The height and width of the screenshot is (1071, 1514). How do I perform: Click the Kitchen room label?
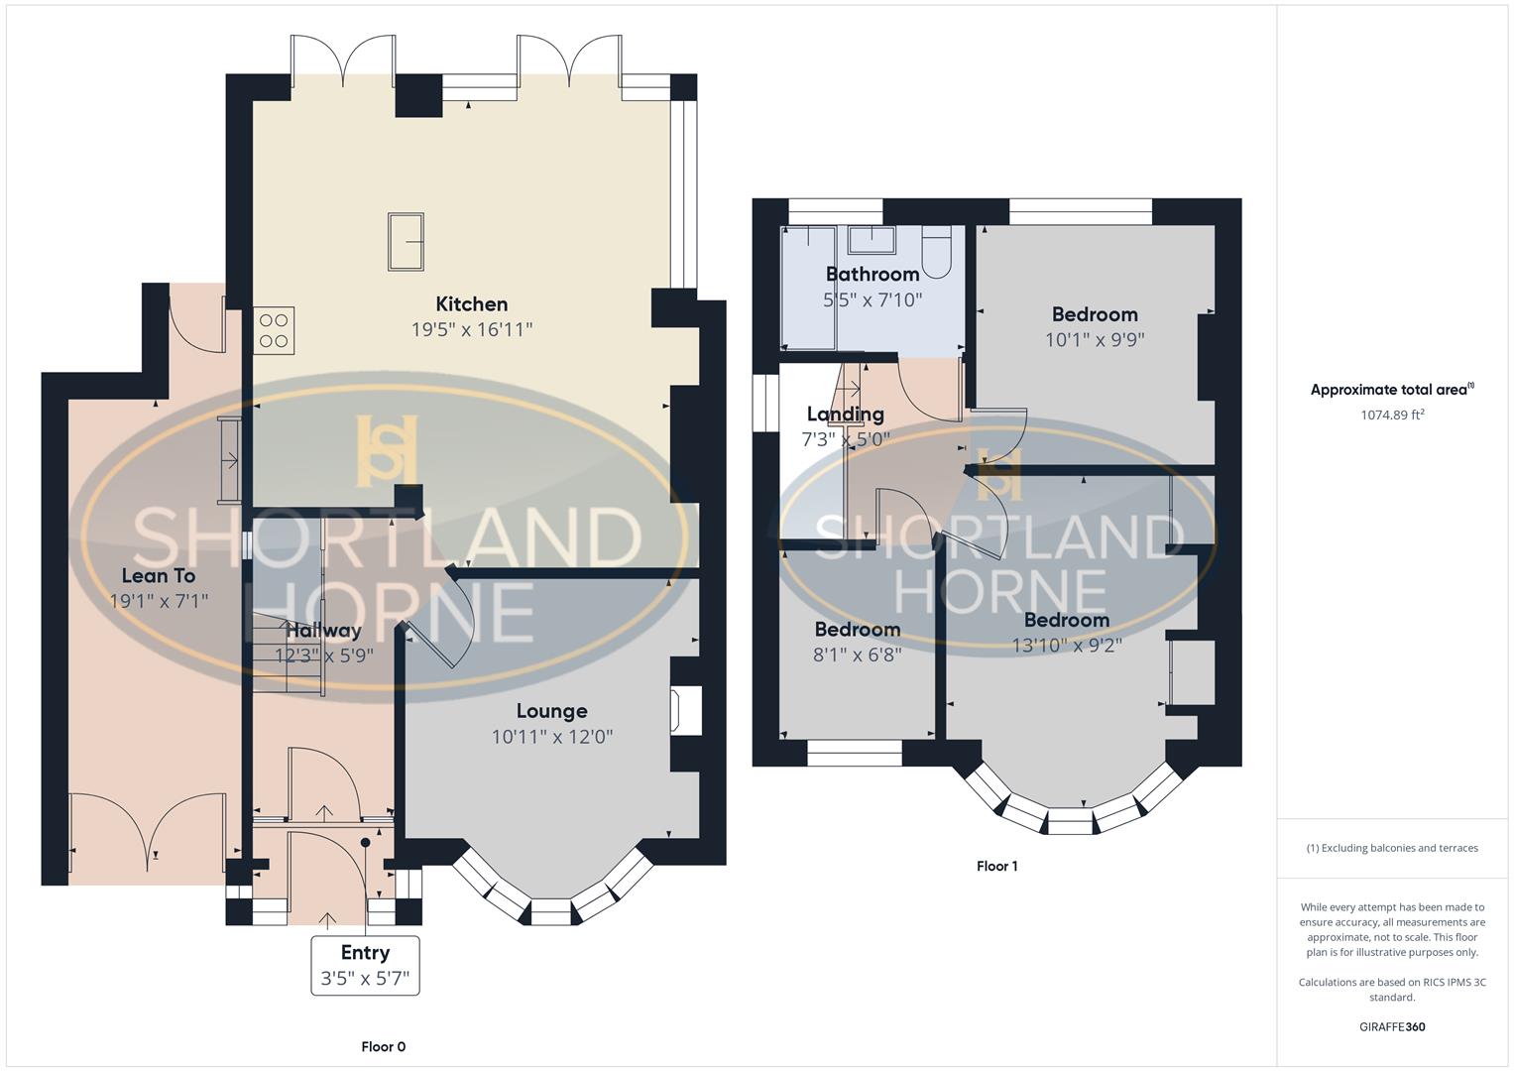click(472, 304)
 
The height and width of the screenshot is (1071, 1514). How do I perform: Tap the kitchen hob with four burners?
click(274, 331)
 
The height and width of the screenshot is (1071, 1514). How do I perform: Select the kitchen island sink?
click(406, 241)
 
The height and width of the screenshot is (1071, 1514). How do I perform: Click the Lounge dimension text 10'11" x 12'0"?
click(552, 737)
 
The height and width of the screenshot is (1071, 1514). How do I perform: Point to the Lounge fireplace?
click(686, 712)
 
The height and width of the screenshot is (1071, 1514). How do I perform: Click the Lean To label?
click(159, 575)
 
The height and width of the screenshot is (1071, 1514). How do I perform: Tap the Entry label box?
click(365, 965)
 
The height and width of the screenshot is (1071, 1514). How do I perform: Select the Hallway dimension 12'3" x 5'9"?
click(324, 654)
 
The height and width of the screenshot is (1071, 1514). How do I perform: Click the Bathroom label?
click(873, 274)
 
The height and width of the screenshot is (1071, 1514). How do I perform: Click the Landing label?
click(845, 415)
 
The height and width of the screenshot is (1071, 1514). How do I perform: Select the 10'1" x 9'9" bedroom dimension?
click(1095, 339)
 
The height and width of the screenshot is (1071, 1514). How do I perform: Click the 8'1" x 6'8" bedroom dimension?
click(858, 654)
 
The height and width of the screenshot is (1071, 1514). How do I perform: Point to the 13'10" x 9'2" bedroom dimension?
click(1067, 645)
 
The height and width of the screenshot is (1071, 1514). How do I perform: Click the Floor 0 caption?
click(384, 1046)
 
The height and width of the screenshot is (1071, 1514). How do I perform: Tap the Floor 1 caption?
click(996, 866)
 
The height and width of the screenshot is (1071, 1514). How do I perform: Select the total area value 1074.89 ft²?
click(1392, 415)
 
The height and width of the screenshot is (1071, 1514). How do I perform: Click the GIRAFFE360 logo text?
click(1392, 1026)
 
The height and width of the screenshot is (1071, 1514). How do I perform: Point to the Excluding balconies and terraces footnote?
click(1392, 848)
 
